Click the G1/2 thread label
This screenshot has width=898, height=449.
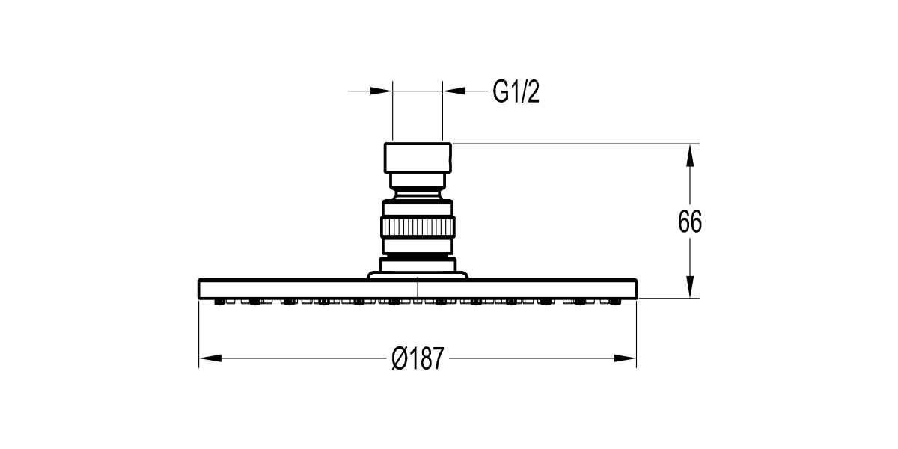coord(516,92)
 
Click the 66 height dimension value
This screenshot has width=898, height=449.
coord(689,222)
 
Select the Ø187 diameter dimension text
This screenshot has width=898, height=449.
coord(418,358)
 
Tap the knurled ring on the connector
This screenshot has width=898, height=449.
coord(418,227)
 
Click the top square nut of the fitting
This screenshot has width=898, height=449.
coord(418,158)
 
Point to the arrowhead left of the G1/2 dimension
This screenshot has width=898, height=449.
coord(381,91)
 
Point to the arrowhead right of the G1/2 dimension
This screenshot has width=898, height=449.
coord(454,91)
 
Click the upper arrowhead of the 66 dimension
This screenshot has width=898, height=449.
coord(689,155)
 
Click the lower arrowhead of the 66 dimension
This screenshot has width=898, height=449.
coord(689,287)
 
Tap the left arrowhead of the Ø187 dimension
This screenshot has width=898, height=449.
coord(210,358)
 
